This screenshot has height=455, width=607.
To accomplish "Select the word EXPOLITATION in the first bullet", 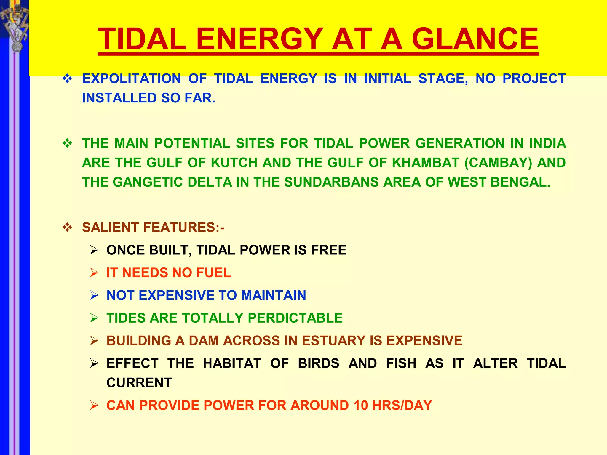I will [131, 79].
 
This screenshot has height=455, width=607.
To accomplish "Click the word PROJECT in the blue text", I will [534, 79].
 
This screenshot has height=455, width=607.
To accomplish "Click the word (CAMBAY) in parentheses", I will [498, 163].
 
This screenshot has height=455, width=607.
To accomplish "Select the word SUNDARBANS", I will [331, 182].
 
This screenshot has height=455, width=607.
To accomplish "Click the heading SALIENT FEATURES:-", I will [153, 227].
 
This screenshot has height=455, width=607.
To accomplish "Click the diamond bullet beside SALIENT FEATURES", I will [67, 227].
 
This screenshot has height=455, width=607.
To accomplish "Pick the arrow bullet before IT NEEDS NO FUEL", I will [94, 273].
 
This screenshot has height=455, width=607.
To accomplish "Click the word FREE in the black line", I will [328, 250].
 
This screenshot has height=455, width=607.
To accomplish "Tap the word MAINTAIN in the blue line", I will [273, 295].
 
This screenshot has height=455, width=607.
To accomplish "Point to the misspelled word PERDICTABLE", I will [295, 318].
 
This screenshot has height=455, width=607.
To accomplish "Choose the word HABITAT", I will [232, 363].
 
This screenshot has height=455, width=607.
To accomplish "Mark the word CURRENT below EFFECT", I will [139, 383].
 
